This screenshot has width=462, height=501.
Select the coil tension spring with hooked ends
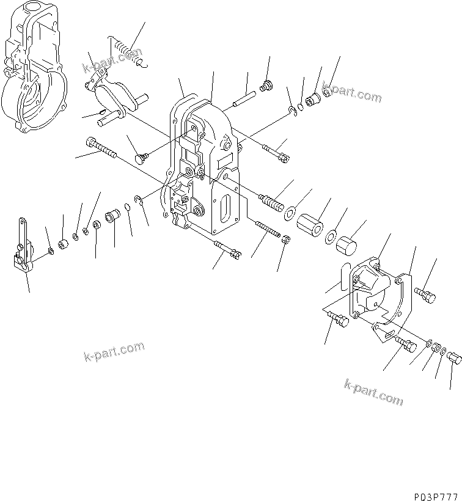coord(126,51)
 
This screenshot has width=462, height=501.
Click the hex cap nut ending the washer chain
coord(455,357)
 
